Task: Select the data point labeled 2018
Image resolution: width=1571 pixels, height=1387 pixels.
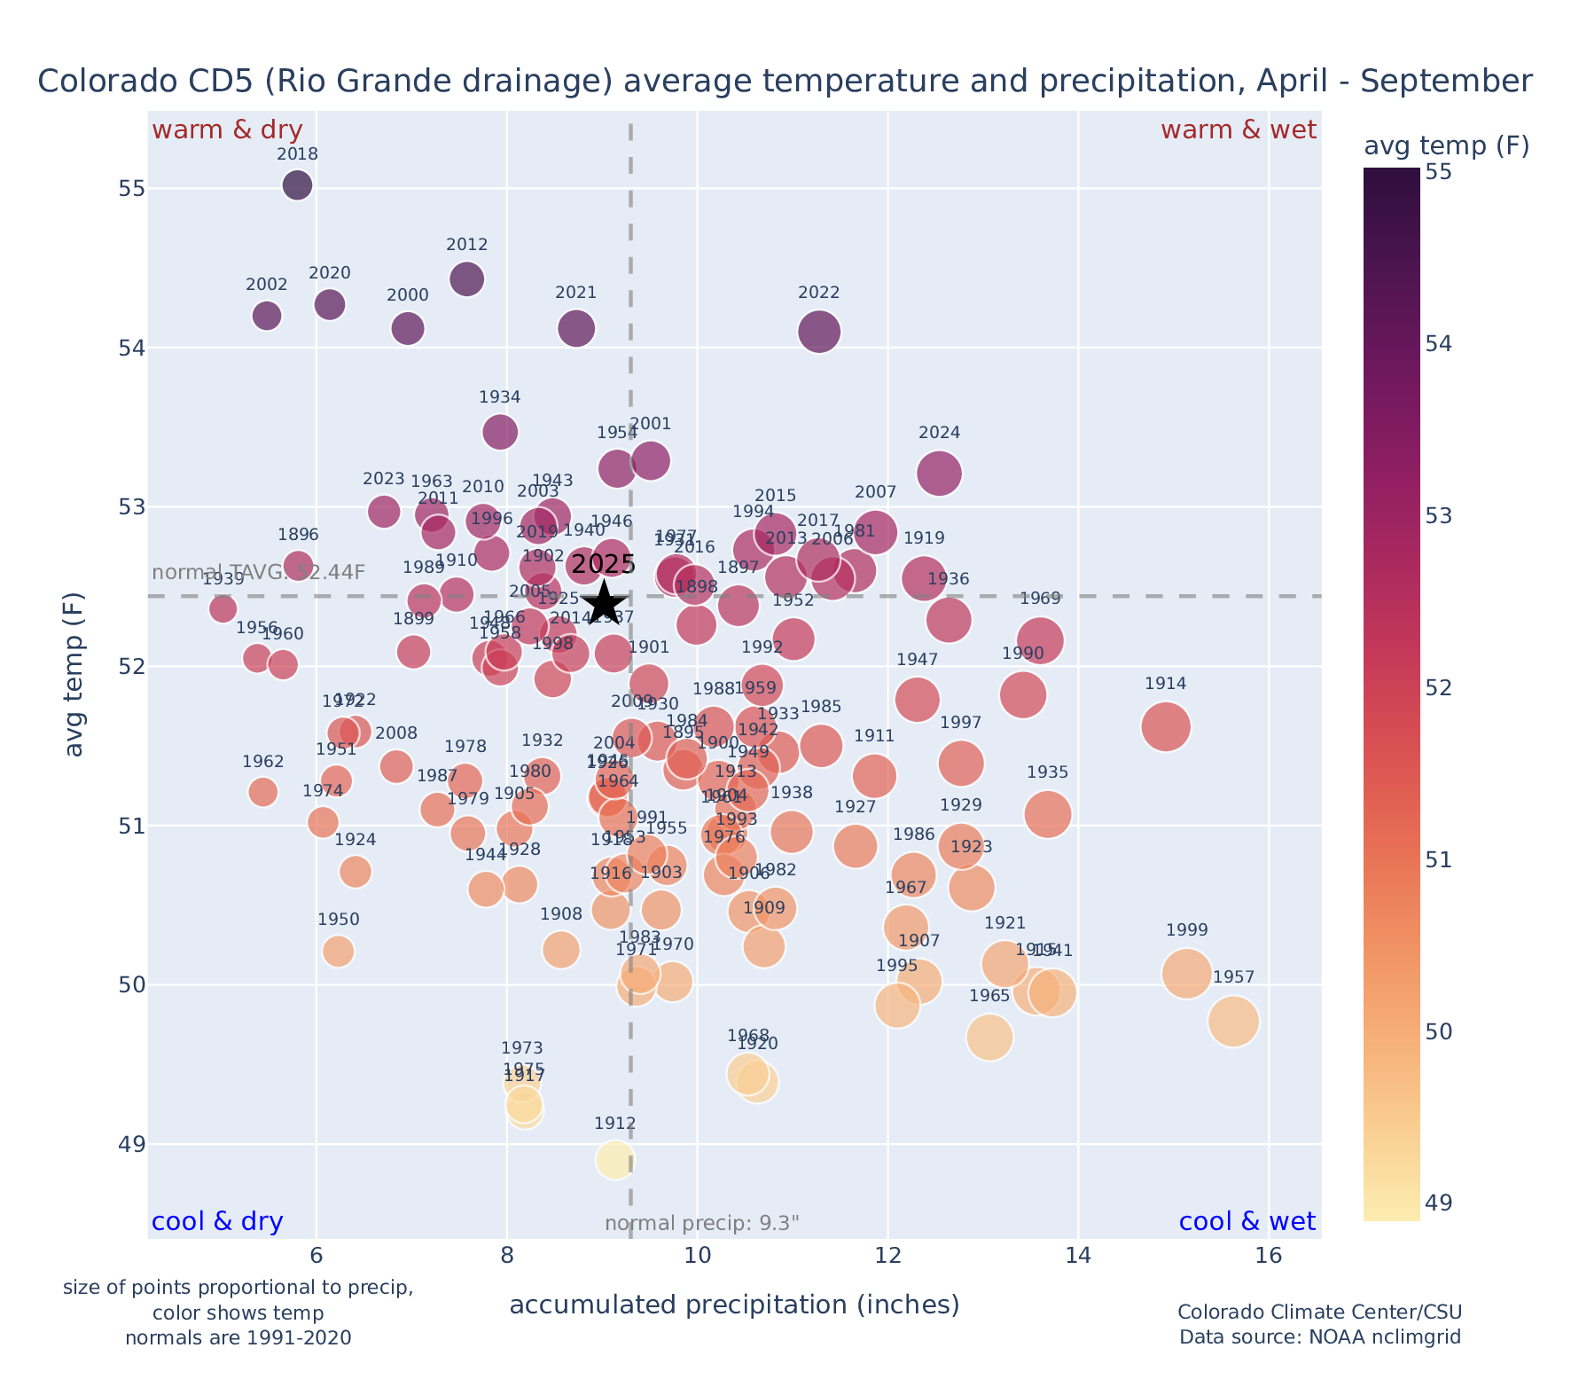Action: [x=298, y=185]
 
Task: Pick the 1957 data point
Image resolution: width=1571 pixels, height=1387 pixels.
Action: [x=1233, y=1022]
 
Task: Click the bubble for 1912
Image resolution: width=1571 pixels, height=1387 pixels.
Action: [x=615, y=1160]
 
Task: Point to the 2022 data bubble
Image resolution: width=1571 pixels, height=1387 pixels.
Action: [x=819, y=332]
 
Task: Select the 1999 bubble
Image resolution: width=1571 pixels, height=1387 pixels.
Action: [x=1187, y=974]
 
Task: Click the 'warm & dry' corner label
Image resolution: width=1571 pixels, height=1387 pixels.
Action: [x=227, y=130]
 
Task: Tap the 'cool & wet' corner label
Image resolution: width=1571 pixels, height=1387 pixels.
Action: [x=1247, y=1222]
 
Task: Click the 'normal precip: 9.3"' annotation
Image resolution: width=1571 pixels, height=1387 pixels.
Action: [x=702, y=1224]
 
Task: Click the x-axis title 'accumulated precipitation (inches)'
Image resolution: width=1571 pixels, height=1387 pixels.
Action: [x=734, y=1305]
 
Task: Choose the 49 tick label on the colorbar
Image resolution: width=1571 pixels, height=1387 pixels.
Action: [x=1439, y=1203]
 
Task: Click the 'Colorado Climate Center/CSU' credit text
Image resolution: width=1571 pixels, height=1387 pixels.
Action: [x=1319, y=1313]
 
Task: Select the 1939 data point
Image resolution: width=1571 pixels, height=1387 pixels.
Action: [x=223, y=608]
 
